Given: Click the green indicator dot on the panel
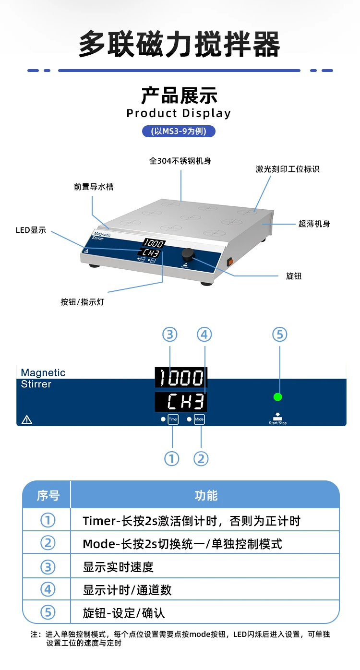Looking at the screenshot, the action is [x=278, y=397].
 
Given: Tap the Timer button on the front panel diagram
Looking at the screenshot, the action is [x=173, y=419].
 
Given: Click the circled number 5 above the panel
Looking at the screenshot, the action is [x=280, y=335].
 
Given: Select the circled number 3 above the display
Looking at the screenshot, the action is [x=170, y=335].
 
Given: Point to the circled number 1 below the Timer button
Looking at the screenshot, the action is [x=172, y=458].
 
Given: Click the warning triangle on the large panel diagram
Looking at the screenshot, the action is [x=26, y=419].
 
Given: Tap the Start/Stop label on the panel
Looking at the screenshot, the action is [x=278, y=423].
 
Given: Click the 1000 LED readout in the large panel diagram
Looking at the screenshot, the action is [x=181, y=377].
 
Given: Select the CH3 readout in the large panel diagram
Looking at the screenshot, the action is [x=181, y=402].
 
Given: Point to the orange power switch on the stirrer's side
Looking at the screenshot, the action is [x=230, y=262].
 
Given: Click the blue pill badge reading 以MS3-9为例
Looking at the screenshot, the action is [x=179, y=132].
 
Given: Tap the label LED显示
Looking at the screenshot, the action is [x=31, y=230].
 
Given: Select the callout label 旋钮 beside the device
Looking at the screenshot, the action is [x=294, y=276].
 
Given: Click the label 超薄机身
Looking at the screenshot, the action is [x=314, y=224].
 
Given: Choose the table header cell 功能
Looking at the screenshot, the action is [x=206, y=496].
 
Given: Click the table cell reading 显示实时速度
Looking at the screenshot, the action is [x=119, y=567].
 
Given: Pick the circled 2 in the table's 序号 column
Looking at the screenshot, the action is [x=48, y=543].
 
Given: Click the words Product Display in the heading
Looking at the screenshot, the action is [x=179, y=113].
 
